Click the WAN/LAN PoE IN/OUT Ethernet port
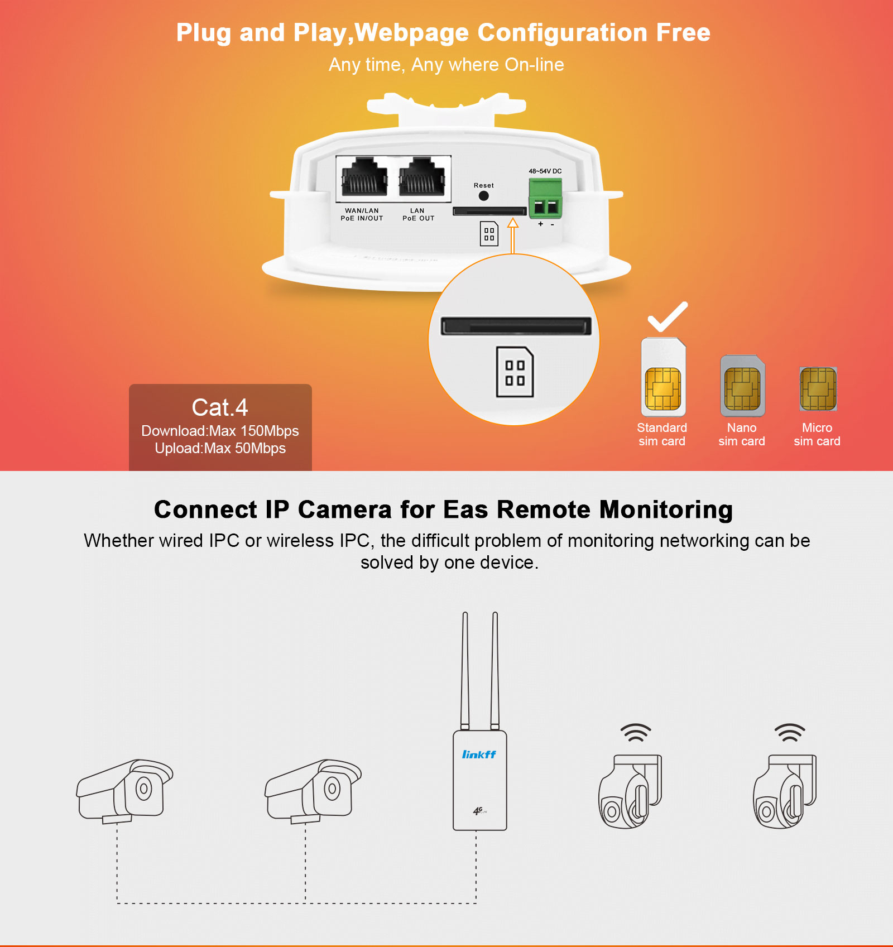[364, 177]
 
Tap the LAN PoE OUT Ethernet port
[423, 177]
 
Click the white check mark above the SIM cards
[668, 316]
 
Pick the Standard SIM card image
[663, 377]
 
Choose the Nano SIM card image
[742, 386]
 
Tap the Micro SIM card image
[818, 388]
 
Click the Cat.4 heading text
[220, 407]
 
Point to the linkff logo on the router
[479, 754]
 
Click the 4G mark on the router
[479, 810]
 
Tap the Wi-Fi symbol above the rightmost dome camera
[789, 732]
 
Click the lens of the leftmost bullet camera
[143, 789]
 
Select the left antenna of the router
[465, 670]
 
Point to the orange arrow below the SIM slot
[513, 235]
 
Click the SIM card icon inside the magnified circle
[515, 372]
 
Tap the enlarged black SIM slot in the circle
[516, 326]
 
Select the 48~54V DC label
[545, 171]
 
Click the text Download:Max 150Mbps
[220, 431]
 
